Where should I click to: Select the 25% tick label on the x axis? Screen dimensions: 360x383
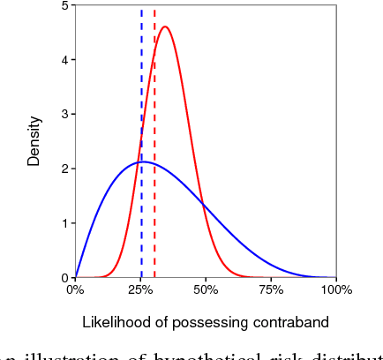pyautogui.click(x=140, y=289)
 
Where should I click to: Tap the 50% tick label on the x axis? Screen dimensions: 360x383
pyautogui.click(x=206, y=289)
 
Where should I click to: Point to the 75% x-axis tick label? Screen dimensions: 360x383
pyautogui.click(x=271, y=289)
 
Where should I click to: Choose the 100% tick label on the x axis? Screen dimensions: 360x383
pyautogui.click(x=336, y=289)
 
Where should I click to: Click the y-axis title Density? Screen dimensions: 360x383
pyautogui.click(x=34, y=141)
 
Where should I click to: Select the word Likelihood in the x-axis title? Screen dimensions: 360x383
pyautogui.click(x=113, y=322)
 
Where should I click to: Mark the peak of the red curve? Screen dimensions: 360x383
pyautogui.click(x=164, y=26)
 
